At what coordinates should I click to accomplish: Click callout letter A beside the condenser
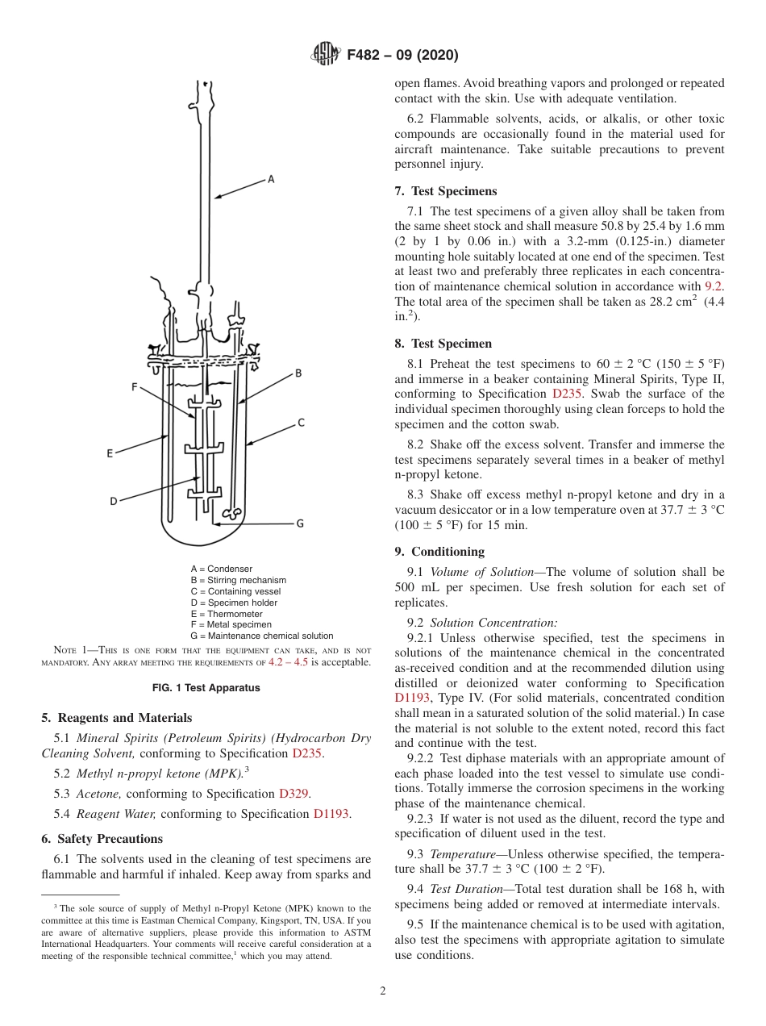[271, 180]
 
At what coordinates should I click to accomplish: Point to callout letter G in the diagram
[300, 523]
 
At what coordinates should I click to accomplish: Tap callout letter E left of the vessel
[110, 453]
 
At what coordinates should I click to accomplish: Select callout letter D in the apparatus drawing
[114, 501]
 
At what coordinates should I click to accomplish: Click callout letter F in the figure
[135, 387]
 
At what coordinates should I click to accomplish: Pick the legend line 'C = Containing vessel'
[235, 591]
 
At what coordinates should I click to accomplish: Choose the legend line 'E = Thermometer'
[227, 614]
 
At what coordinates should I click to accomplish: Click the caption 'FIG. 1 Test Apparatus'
[206, 688]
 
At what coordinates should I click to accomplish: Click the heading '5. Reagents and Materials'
[117, 718]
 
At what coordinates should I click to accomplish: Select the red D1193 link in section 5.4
[331, 814]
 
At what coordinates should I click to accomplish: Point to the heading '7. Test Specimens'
[446, 191]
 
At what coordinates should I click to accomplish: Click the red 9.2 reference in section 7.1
[714, 286]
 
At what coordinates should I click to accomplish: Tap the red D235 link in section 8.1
[572, 394]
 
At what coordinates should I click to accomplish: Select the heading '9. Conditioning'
[439, 552]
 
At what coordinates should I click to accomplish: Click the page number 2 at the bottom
[383, 991]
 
